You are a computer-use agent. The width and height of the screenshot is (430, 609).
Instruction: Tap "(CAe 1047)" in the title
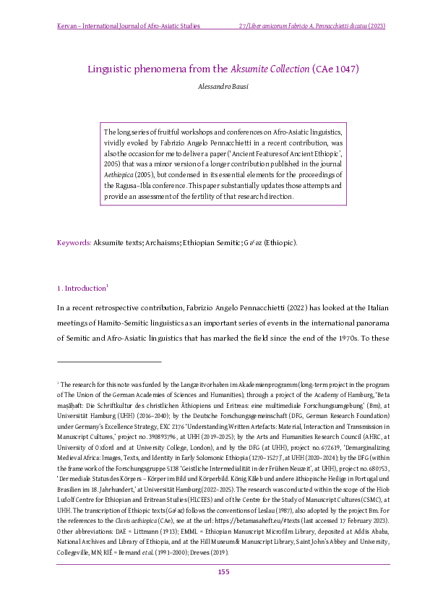click(x=336, y=69)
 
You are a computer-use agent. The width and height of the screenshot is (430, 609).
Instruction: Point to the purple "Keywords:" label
click(x=74, y=242)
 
